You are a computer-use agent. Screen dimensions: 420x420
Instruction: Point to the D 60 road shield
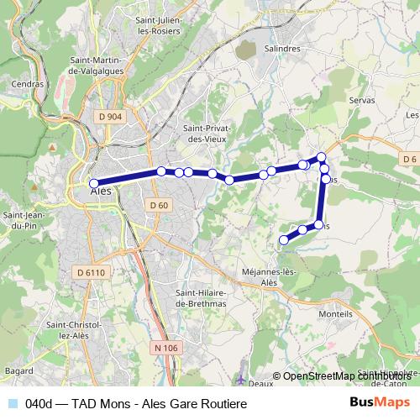pyautogui.click(x=160, y=205)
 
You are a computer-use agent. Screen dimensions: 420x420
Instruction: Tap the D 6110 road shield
pyautogui.click(x=90, y=272)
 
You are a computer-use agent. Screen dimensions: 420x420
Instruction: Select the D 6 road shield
pyautogui.click(x=409, y=159)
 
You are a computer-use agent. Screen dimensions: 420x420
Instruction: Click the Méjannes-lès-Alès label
pyautogui.click(x=269, y=278)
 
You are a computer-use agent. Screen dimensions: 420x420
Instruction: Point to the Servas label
pyautogui.click(x=361, y=100)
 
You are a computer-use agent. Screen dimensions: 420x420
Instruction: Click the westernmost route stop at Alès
pyautogui.click(x=94, y=183)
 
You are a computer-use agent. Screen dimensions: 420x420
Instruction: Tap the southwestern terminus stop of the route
pyautogui.click(x=283, y=240)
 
